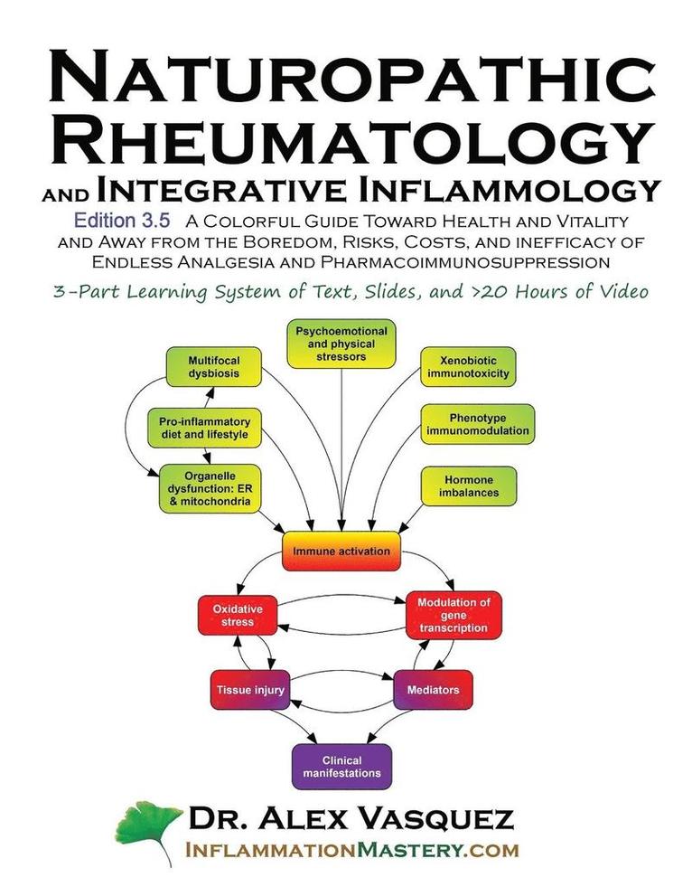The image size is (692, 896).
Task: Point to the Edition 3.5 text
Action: point(118,220)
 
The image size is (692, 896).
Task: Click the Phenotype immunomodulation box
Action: point(477,424)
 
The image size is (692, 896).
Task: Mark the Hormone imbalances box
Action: point(468,486)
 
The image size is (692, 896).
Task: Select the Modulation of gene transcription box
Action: point(453,615)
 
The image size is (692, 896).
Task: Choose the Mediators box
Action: point(433,690)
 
